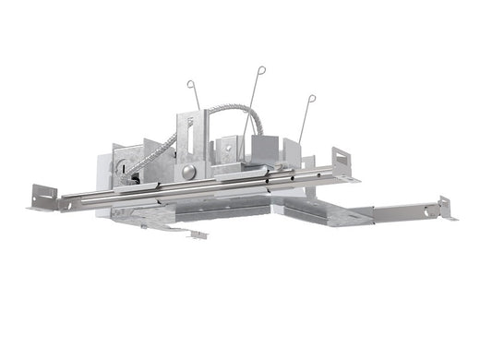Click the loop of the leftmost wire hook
[x=190, y=85]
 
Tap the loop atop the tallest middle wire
[x=261, y=69]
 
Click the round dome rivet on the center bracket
[x=187, y=172]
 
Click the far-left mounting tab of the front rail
[x=42, y=197]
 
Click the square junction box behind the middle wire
[x=254, y=148]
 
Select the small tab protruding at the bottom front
[x=197, y=234]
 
